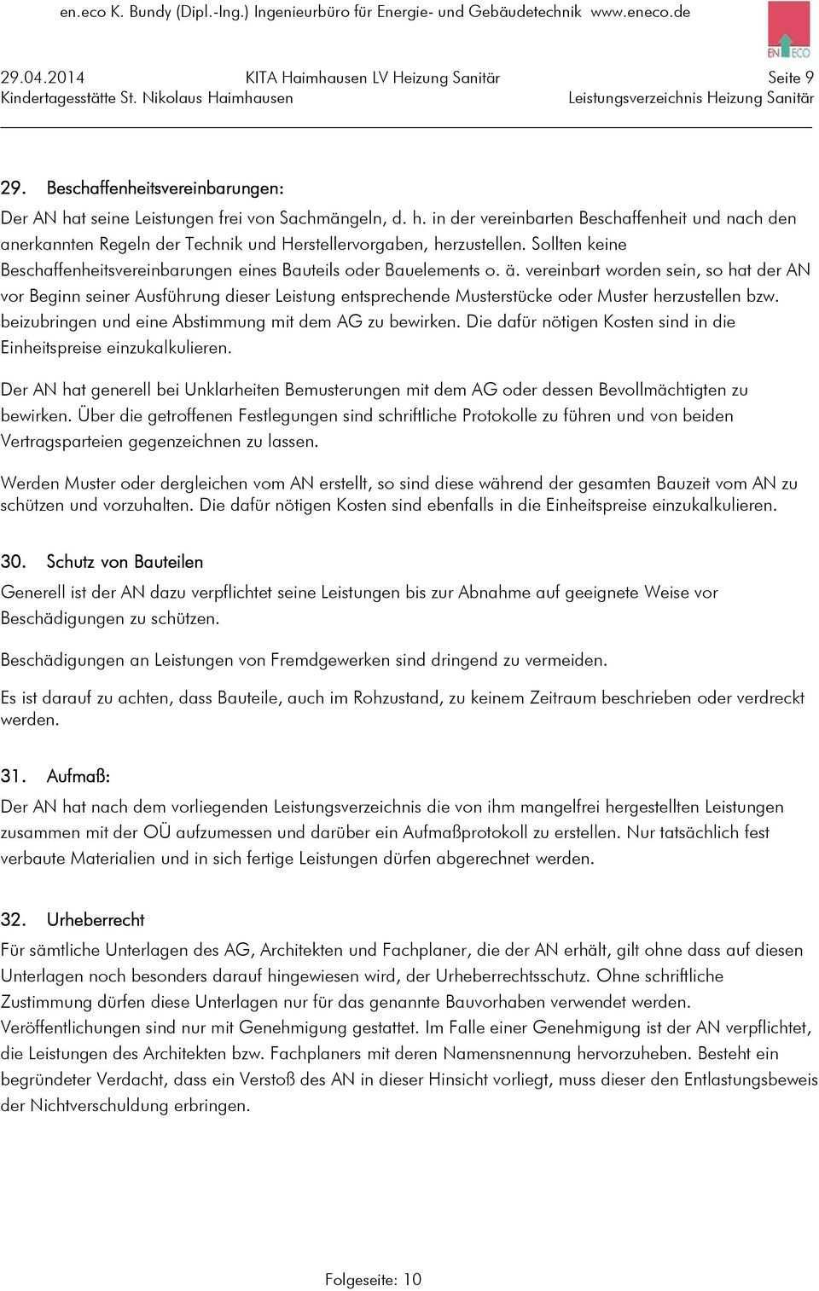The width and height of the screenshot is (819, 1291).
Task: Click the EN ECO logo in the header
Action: [788, 29]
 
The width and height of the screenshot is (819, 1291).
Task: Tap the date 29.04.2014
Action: [49, 78]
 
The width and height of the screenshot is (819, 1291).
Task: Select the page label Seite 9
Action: [790, 78]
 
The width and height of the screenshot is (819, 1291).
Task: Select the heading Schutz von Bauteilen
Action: [125, 562]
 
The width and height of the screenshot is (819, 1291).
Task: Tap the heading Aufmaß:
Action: [78, 777]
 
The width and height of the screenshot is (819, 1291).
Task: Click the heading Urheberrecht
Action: [96, 920]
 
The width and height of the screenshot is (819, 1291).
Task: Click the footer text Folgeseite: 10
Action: [373, 1279]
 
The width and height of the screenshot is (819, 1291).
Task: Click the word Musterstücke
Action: [504, 296]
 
